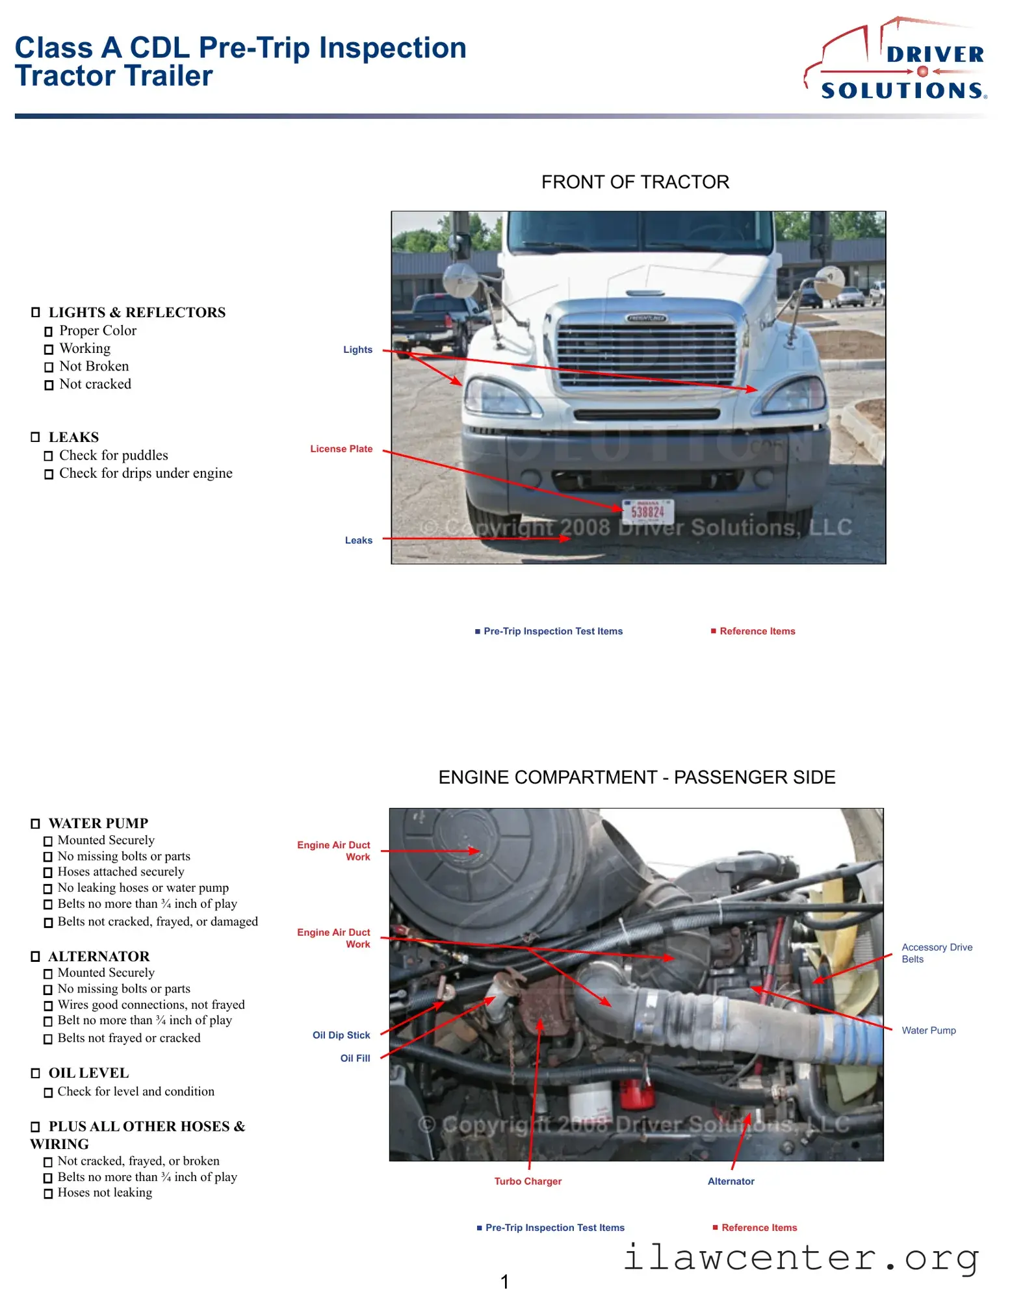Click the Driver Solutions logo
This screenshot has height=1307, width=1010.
pos(897,62)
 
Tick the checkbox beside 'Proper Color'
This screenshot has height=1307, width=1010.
pos(49,332)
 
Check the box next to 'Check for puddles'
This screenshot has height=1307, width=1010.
pos(49,456)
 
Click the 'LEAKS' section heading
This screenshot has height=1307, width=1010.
pos(73,437)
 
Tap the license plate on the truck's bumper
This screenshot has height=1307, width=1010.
pos(647,511)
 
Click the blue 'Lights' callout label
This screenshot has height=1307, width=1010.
pos(357,350)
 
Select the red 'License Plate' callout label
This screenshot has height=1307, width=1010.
pos(341,449)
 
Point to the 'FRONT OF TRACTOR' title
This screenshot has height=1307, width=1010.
pos(635,182)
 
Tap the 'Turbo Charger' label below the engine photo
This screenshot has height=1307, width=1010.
pos(528,1182)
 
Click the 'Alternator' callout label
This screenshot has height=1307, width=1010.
pos(731,1182)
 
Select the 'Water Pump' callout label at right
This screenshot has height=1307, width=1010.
pos(928,1031)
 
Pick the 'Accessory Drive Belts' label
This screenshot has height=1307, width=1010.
pos(936,953)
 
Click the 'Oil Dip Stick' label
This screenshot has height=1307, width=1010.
pos(341,1035)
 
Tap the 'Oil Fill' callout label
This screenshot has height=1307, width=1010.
pos(355,1059)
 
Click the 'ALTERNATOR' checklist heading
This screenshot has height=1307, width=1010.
pos(99,957)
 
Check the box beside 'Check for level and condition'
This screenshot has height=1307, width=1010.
pos(48,1093)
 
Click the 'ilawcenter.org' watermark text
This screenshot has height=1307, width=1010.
pos(801,1258)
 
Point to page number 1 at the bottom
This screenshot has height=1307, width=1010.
pos(504,1282)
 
